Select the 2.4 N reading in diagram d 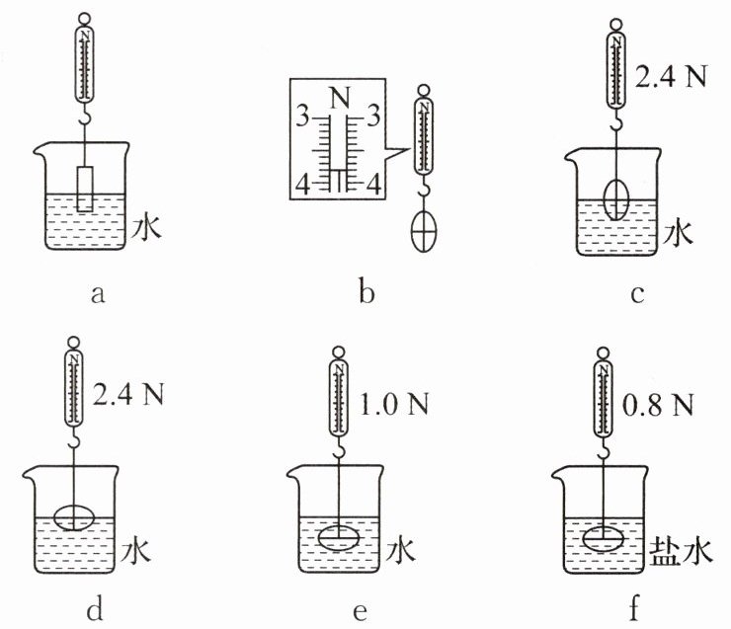[x=129, y=395]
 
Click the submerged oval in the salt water [x=604, y=541]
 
